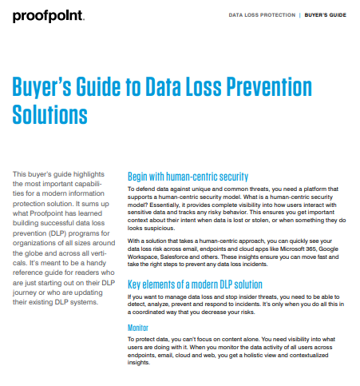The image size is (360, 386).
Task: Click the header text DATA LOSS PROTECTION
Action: (262, 15)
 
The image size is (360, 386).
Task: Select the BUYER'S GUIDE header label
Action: (326, 15)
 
